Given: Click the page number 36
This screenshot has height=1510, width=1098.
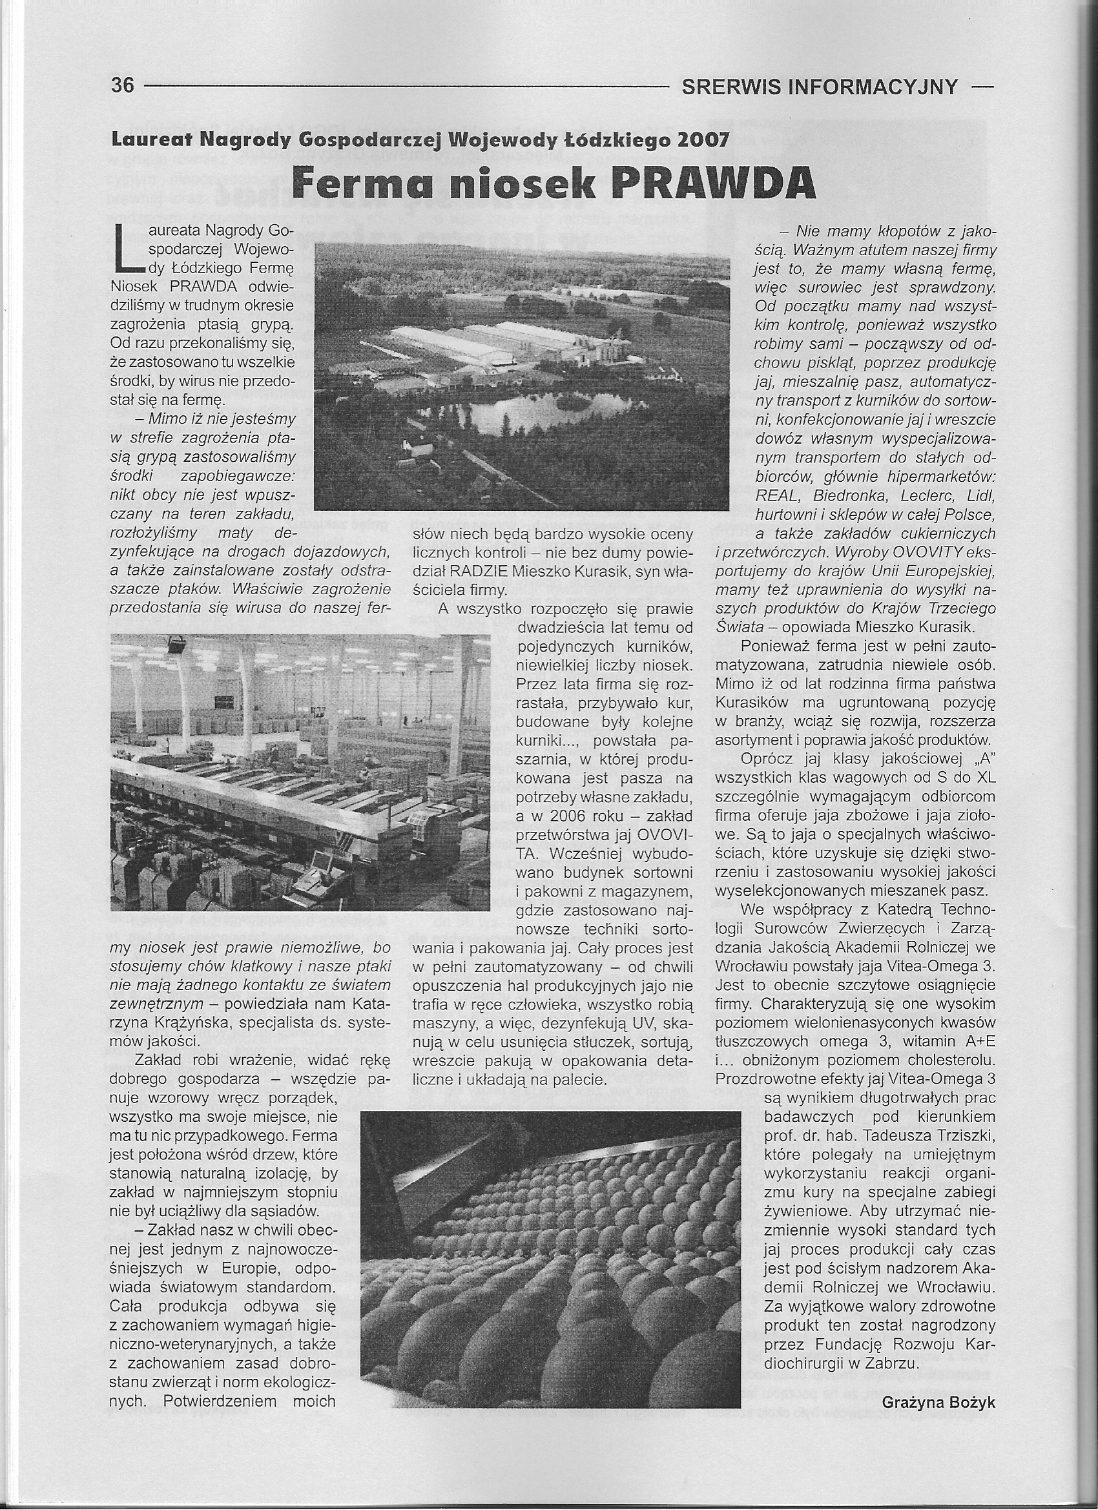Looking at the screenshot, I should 123,86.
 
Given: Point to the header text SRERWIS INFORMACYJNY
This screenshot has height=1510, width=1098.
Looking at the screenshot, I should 820,87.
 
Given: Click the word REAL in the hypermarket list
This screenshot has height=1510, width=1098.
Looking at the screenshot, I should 776,496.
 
